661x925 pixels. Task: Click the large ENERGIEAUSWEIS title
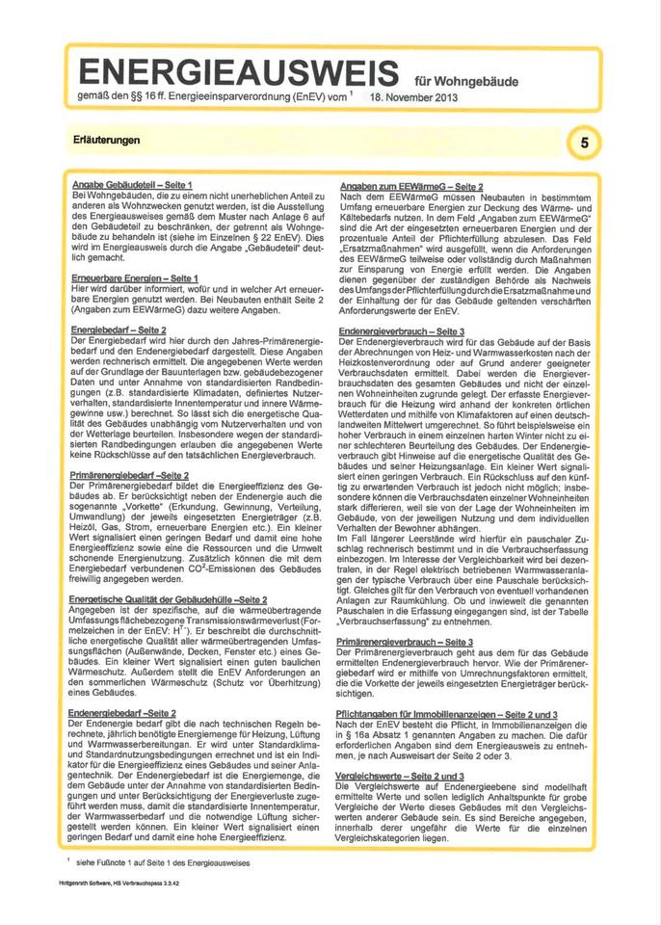pyautogui.click(x=237, y=72)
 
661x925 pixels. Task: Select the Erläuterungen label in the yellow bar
pyautogui.click(x=107, y=141)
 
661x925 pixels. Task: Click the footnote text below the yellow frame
pyautogui.click(x=159, y=862)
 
